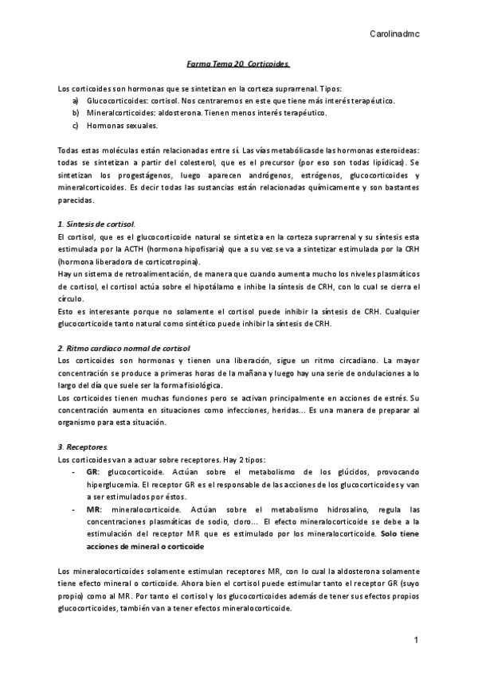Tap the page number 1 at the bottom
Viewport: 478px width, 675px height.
point(416,641)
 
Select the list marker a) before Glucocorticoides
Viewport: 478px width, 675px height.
point(75,101)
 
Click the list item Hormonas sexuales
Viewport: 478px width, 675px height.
point(122,125)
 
